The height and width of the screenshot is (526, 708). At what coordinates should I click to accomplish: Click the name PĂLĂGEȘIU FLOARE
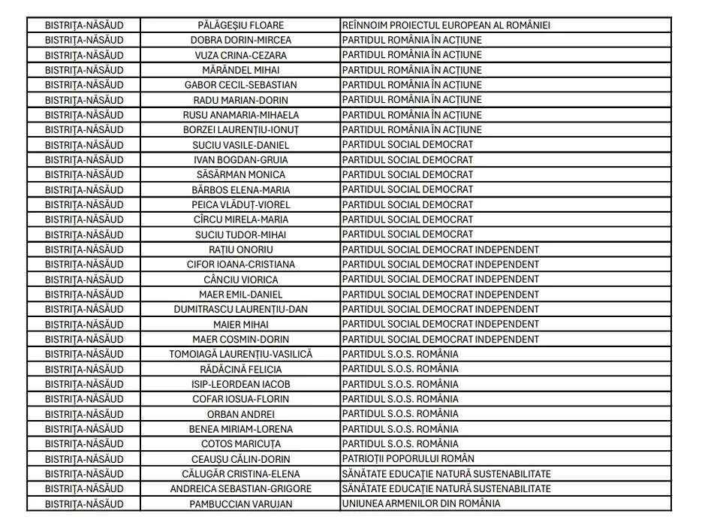(241, 25)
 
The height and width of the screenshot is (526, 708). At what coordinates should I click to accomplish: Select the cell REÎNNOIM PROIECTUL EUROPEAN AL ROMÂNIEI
(446, 25)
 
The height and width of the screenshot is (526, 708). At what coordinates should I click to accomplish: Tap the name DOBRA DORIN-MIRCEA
(241, 40)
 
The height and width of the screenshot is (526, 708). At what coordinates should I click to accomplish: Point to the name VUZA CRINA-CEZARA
(241, 55)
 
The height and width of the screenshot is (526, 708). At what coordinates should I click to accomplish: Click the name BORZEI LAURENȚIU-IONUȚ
(241, 129)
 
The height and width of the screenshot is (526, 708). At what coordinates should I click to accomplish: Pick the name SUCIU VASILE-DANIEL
(241, 144)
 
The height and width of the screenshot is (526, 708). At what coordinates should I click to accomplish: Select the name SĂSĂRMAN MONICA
(241, 174)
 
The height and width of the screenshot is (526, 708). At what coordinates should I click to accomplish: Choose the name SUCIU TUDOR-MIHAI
(241, 234)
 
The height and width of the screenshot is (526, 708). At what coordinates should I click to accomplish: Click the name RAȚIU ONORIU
(241, 249)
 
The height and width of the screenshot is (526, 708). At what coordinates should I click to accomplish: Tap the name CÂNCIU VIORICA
(241, 280)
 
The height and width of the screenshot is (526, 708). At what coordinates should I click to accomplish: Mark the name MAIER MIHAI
(241, 324)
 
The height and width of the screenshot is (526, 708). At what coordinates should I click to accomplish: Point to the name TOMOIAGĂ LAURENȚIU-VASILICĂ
(241, 354)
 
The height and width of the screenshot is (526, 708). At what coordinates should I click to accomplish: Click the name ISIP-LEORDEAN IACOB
(241, 384)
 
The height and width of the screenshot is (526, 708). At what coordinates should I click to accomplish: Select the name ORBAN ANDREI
(241, 414)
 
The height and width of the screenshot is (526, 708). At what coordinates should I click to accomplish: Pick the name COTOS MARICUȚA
(241, 444)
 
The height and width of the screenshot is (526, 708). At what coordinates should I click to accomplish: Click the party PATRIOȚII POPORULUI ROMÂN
(408, 458)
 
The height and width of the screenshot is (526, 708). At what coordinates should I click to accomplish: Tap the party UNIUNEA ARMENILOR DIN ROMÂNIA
(421, 503)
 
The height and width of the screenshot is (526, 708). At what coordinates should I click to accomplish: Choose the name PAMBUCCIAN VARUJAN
(241, 503)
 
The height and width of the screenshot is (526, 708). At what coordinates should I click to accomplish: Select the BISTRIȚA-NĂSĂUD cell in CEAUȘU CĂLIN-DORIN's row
(84, 458)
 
